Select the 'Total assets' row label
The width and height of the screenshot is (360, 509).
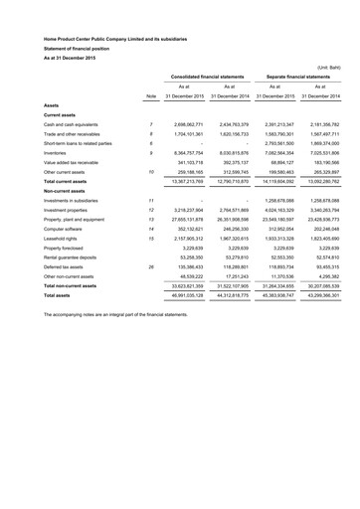pos(60,296)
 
